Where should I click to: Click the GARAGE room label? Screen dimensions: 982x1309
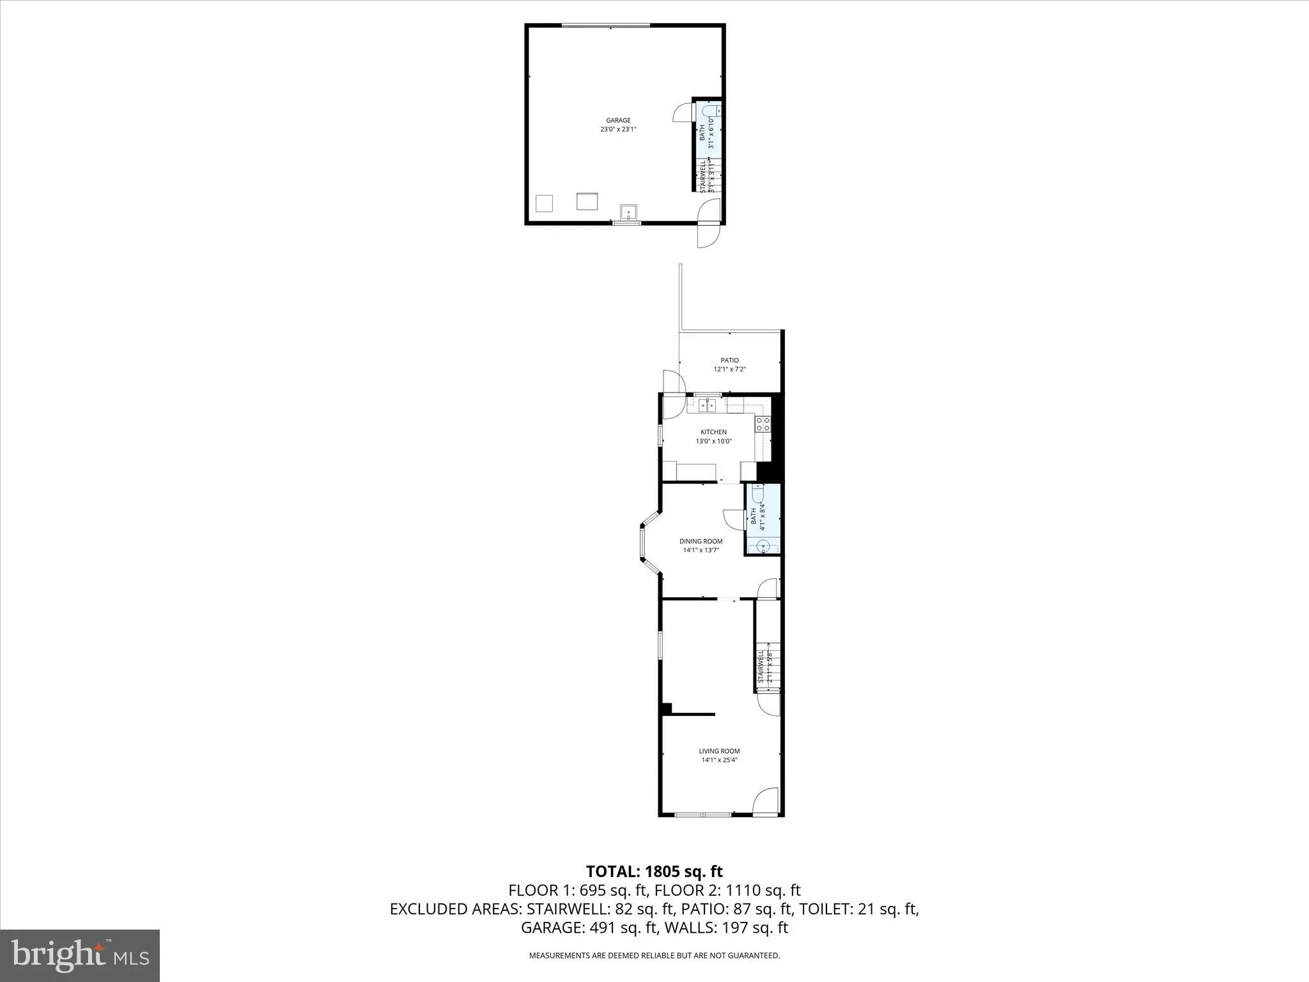(618, 120)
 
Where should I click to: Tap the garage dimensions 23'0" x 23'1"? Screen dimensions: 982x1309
(618, 129)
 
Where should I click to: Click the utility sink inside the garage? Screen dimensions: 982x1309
(628, 212)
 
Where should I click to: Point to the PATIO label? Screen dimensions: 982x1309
(730, 360)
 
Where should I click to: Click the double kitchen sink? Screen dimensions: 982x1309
(706, 405)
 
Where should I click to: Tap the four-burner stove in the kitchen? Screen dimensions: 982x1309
(763, 423)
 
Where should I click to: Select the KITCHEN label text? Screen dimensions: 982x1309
(713, 432)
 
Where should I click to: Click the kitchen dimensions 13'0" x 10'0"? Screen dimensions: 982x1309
(713, 441)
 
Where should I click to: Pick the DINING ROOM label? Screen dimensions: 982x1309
(701, 542)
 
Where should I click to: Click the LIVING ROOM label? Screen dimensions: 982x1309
(720, 751)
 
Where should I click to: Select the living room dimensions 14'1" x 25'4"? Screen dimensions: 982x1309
(720, 760)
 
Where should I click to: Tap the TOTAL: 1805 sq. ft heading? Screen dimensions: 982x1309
(654, 871)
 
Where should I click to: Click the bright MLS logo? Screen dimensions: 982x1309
(80, 955)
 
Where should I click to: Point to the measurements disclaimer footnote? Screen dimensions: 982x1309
(654, 956)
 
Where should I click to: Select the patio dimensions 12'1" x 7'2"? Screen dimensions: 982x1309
(730, 369)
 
